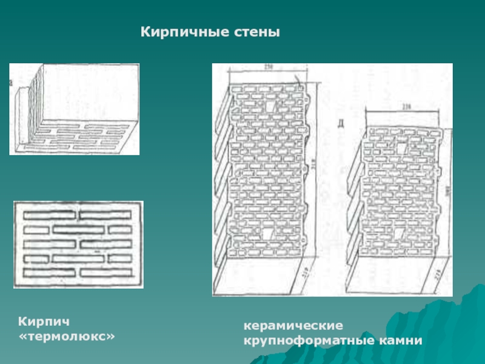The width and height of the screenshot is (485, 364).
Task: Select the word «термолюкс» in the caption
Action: point(67,335)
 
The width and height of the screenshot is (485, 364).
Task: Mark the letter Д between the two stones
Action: point(342,126)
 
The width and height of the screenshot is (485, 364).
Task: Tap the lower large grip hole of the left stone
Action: point(268,234)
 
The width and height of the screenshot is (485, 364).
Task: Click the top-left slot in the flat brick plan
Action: point(49,215)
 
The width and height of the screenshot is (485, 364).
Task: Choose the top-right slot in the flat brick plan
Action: point(105,215)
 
